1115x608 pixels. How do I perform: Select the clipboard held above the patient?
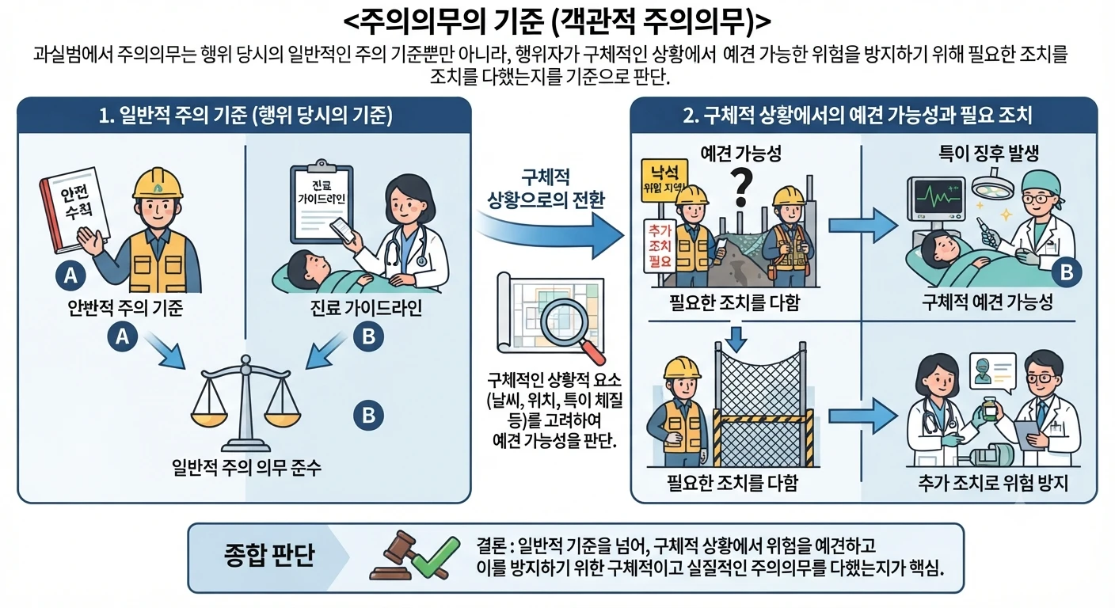tap(322, 202)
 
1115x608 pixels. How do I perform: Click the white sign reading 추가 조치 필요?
tap(660, 245)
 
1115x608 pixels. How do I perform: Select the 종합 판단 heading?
tap(269, 556)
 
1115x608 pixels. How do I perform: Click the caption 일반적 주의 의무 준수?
tap(246, 467)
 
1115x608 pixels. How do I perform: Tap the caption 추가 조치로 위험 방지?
tap(993, 483)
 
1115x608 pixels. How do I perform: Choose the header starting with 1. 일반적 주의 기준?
tap(245, 116)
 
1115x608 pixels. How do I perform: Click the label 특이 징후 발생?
tap(988, 153)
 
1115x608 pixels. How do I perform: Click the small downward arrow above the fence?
tap(736, 340)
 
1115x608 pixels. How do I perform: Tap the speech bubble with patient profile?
tap(992, 372)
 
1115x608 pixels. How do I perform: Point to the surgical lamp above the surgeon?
tap(993, 185)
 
